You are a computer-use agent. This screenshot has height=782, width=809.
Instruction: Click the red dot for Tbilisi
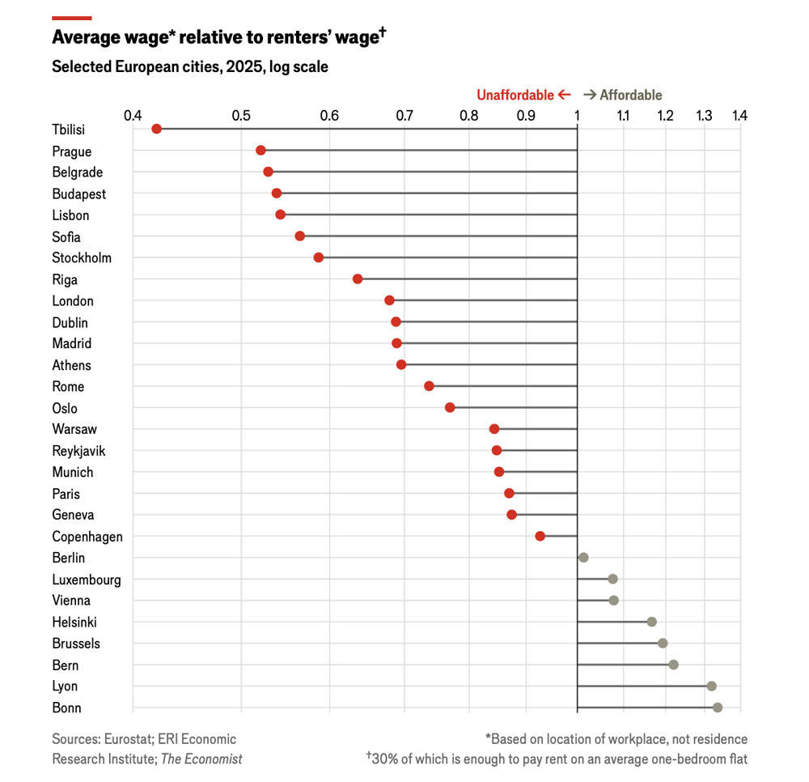157,129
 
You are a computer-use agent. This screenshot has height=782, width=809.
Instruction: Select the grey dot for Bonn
718,708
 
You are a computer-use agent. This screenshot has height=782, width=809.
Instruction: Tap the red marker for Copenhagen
540,536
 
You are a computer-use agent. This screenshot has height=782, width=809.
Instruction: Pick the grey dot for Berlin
583,558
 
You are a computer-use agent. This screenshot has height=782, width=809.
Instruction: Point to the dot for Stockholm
319,257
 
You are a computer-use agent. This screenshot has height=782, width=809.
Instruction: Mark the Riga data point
358,278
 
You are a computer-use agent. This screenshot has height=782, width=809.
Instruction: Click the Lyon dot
712,686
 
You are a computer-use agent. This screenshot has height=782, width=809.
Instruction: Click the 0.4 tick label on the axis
133,116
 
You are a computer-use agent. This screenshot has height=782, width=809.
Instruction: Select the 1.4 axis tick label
739,116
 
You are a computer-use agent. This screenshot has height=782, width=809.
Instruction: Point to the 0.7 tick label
403,116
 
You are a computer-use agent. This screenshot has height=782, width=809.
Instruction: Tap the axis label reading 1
577,116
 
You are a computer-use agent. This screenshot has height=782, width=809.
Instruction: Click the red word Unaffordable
515,95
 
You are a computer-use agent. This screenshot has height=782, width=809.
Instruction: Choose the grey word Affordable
630,95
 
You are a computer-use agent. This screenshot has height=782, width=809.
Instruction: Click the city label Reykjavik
78,451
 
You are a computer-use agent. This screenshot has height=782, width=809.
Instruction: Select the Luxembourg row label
87,580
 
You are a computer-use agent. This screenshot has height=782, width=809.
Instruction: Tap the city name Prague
72,151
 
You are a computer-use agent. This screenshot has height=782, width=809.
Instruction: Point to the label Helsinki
75,623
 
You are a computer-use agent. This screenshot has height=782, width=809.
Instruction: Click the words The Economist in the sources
201,759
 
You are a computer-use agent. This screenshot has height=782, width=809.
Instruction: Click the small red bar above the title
71,18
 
